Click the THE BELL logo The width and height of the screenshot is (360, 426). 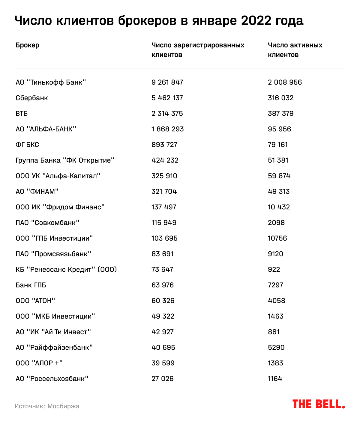[x=319, y=404]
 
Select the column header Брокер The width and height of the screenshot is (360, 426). [x=27, y=45]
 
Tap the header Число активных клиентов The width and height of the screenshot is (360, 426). [x=295, y=50]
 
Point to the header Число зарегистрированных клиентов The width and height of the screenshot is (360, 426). [x=198, y=50]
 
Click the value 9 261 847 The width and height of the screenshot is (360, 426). [x=167, y=82]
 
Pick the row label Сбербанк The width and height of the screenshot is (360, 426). [x=32, y=98]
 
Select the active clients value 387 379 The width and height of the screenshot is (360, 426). [x=280, y=113]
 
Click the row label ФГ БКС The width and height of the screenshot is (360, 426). [x=27, y=145]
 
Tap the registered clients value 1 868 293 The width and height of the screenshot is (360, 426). [x=167, y=129]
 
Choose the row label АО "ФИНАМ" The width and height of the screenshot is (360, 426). [x=37, y=191]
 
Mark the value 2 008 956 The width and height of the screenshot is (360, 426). [x=285, y=82]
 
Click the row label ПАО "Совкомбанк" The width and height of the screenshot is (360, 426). [x=47, y=223]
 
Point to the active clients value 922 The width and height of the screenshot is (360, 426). [x=274, y=269]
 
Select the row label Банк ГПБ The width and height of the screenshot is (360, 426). [x=31, y=285]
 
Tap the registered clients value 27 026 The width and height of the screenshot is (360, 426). [x=162, y=379]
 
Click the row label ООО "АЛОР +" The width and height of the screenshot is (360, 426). [x=39, y=363]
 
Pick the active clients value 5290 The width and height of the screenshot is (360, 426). [x=276, y=347]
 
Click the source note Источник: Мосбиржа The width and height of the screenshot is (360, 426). [x=47, y=406]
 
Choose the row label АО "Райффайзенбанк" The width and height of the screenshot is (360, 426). [x=54, y=347]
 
